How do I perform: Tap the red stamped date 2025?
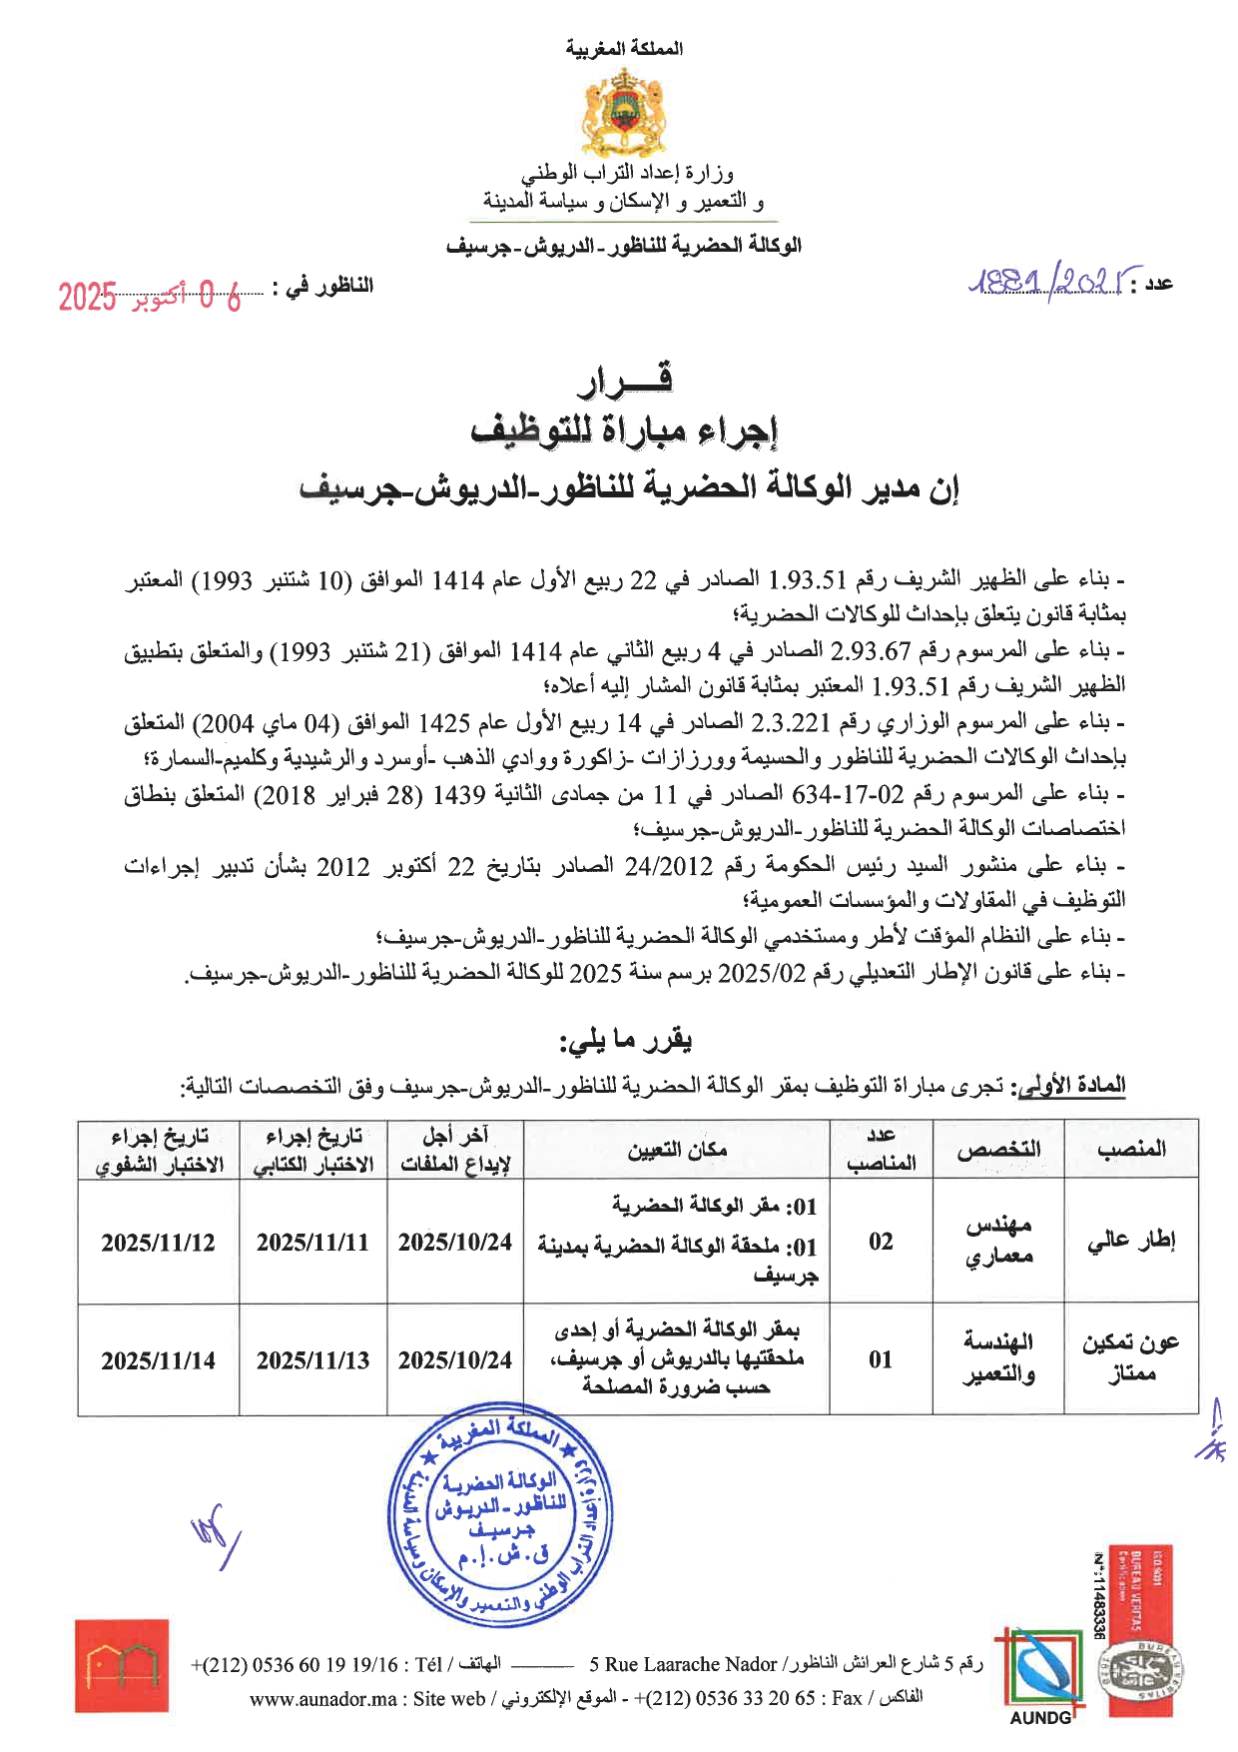tap(87, 297)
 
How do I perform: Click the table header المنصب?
tap(1131, 1149)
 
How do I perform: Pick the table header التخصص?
tap(997, 1149)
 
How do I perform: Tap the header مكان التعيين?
tap(676, 1149)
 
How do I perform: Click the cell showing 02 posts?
tap(881, 1242)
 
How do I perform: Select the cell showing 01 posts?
tap(881, 1359)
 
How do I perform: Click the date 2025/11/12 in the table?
tap(158, 1243)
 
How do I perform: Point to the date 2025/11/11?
tap(312, 1243)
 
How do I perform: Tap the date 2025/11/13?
tap(312, 1360)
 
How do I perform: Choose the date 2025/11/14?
tap(158, 1360)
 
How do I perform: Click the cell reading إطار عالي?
tap(1131, 1241)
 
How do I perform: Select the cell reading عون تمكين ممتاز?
tap(1131, 1358)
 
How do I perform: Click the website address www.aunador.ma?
tap(322, 1699)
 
